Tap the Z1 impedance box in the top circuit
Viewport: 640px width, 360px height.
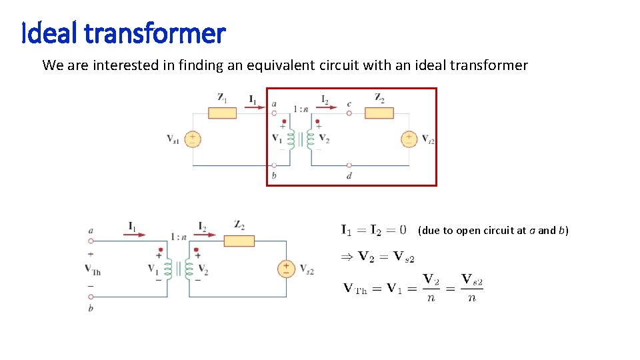click(222, 113)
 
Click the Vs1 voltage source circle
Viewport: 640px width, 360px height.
click(193, 139)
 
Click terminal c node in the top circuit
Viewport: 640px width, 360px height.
click(349, 113)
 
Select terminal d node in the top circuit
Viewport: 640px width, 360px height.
click(349, 165)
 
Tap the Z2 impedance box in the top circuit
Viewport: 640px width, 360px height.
click(379, 113)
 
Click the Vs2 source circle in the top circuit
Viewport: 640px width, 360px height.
click(409, 139)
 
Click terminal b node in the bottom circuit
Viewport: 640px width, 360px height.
click(91, 297)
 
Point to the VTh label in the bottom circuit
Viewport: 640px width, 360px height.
click(91, 269)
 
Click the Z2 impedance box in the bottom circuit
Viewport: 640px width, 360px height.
click(239, 241)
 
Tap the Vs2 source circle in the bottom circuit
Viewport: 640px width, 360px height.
click(286, 269)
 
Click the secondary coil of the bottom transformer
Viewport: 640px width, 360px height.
click(189, 269)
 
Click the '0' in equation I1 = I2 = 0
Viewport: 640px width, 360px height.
click(402, 230)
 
